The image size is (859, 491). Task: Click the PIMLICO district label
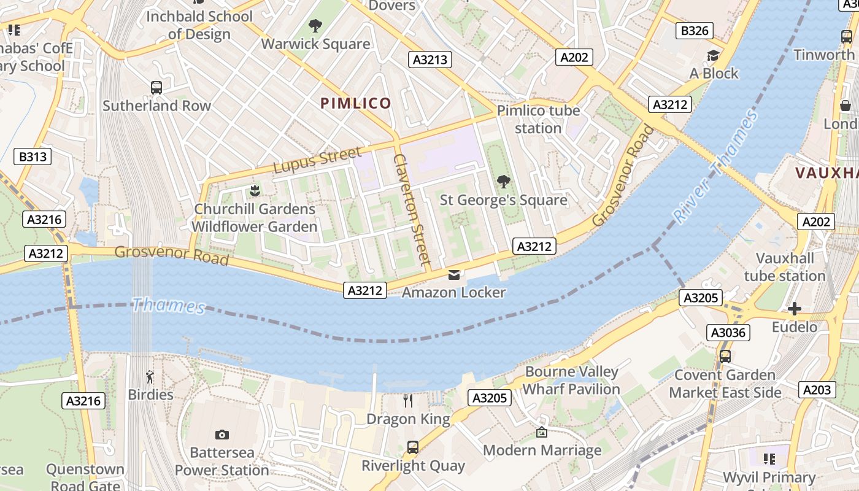point(356,103)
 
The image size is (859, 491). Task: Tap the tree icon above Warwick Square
point(315,26)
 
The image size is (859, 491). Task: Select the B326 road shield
point(695,31)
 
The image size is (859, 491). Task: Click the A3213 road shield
point(430,60)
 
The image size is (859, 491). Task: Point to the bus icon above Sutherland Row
point(156,88)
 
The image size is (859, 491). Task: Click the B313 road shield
point(33,157)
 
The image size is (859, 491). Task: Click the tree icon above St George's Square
point(503,182)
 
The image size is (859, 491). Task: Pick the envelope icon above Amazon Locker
point(453,274)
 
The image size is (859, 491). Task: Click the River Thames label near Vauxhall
point(715,167)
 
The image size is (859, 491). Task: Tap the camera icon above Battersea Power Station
point(222,435)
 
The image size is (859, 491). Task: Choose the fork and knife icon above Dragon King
point(408,401)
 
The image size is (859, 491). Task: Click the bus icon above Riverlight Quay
point(413,447)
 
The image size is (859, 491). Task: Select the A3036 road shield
point(728,333)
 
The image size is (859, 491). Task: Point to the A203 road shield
point(817,389)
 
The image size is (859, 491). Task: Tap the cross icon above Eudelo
point(795,308)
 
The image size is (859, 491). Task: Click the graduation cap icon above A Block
point(713,56)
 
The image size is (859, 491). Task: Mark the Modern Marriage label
point(542,450)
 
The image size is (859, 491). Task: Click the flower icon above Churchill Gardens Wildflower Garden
point(255,191)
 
